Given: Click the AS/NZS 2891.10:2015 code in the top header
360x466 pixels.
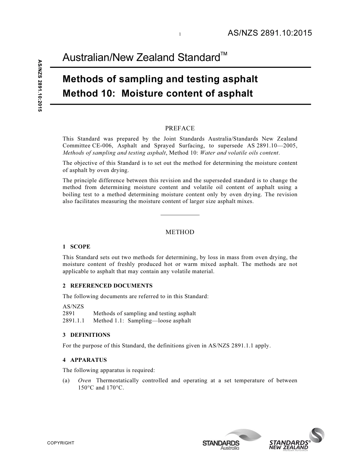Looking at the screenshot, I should pyautogui.click(x=269, y=33).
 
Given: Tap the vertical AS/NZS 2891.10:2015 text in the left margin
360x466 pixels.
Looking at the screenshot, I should pyautogui.click(x=39, y=86).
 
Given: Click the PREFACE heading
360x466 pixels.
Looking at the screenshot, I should pyautogui.click(x=180, y=128).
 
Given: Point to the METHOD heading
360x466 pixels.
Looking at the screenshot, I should pyautogui.click(x=180, y=232).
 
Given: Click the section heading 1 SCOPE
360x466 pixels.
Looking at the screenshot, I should pyautogui.click(x=77, y=247).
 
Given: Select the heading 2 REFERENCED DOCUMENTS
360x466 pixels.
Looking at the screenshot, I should pyautogui.click(x=108, y=286).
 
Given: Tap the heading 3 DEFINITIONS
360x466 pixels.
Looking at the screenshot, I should pyautogui.click(x=86, y=335).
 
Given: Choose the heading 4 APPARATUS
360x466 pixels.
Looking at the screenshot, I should pyautogui.click(x=85, y=360).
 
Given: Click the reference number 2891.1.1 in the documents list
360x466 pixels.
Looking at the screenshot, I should pyautogui.click(x=74, y=321).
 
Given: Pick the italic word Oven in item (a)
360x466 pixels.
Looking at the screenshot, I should pyautogui.click(x=85, y=380).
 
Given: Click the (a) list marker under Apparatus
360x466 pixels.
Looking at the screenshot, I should pyautogui.click(x=66, y=380).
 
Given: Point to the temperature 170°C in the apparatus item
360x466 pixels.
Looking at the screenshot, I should pyautogui.click(x=115, y=388).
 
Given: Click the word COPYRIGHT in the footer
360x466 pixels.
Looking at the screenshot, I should pyautogui.click(x=61, y=443).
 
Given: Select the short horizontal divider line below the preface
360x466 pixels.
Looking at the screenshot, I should pyautogui.click(x=180, y=215).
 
